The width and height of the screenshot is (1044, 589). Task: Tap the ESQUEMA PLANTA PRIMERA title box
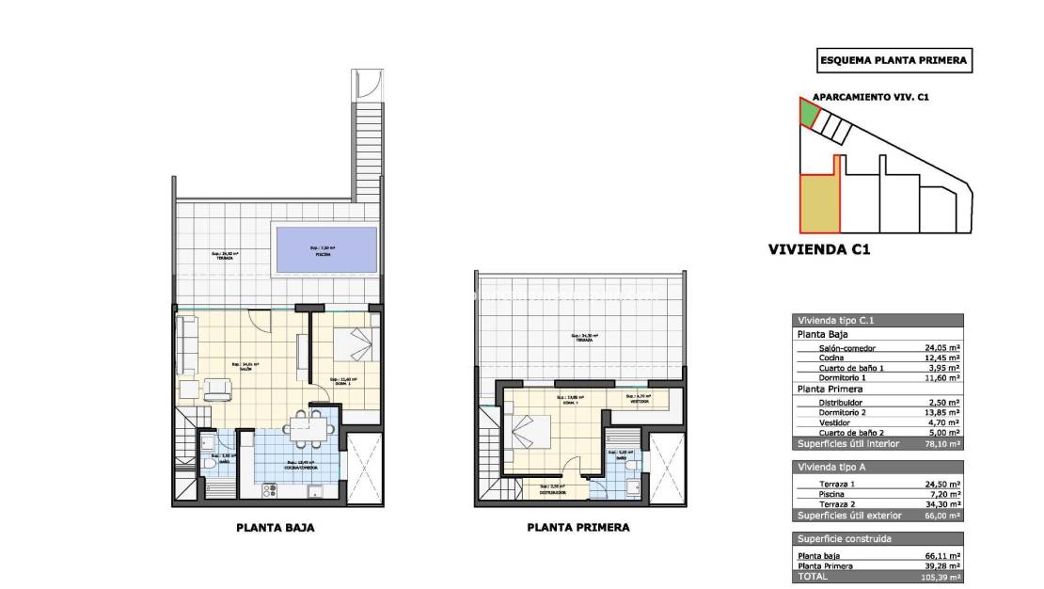pos(893,60)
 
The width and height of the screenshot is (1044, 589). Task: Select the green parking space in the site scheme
pos(808,114)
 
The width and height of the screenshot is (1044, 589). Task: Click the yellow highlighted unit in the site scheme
pos(816,202)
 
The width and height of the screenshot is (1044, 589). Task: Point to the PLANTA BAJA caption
pos(275,528)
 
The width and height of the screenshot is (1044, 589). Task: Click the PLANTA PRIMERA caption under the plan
pos(577,528)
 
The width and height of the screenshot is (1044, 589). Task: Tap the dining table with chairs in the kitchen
pos(306,430)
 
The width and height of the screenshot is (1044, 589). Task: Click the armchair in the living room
pos(219,389)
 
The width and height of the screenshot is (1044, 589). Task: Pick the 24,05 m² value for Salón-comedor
pos(941,346)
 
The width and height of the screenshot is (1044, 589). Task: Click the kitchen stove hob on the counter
pos(269,489)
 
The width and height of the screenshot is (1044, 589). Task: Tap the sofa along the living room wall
pos(186,344)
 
